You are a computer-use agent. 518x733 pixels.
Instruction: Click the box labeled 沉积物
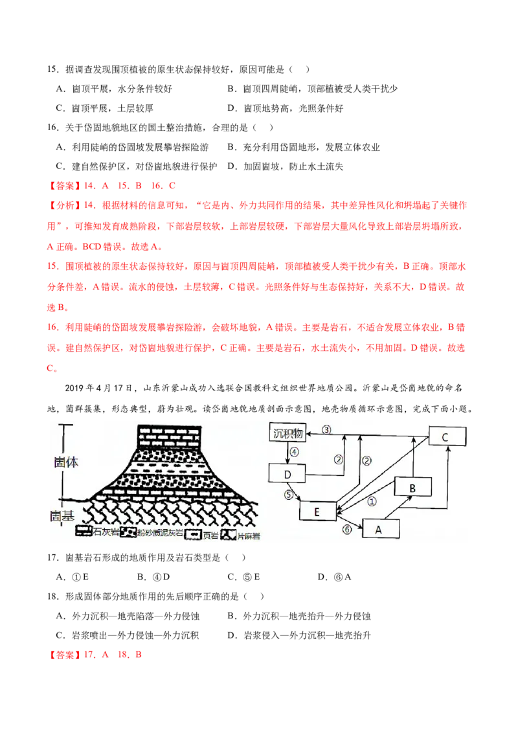pos(287,433)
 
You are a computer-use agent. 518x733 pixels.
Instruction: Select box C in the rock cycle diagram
pos(447,436)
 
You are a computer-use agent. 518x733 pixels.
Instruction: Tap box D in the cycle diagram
pos(287,473)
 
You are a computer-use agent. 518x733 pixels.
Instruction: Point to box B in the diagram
pos(413,487)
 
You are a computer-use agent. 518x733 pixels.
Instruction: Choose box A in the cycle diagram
pos(381,529)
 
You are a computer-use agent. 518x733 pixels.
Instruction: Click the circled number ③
pos(326,429)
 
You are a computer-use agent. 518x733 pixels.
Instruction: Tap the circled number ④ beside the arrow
pos(294,451)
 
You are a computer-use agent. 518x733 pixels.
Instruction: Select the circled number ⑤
pos(288,495)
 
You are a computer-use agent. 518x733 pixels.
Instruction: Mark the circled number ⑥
pos(347,529)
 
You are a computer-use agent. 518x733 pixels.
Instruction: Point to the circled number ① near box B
pos(372,502)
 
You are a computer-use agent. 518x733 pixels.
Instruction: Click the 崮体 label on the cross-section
pos(66,462)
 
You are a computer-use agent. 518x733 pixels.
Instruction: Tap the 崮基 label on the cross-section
pos(62,515)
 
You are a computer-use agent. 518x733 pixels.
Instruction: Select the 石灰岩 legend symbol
pos(84,532)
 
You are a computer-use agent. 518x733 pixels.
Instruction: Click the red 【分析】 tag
pos(65,205)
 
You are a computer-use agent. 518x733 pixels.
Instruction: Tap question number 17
pos(52,558)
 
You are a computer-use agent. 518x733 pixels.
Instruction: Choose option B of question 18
pos(299,616)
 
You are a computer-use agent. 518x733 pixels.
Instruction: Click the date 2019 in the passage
pos(74,388)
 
